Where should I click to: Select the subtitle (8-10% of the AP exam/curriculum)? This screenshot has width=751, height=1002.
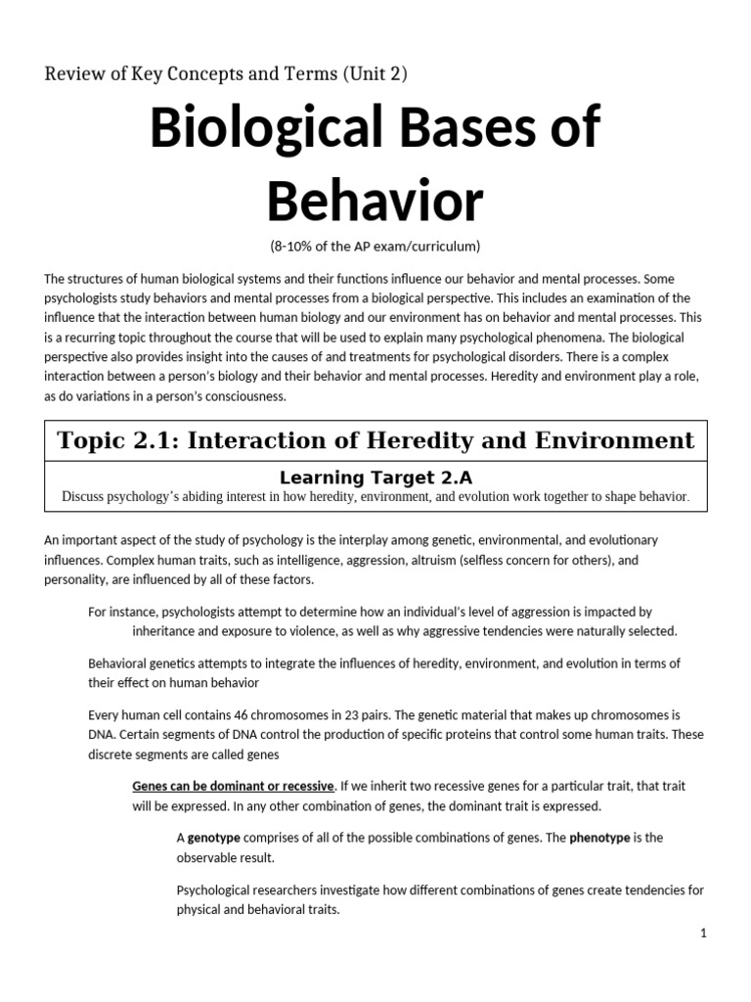pyautogui.click(x=375, y=245)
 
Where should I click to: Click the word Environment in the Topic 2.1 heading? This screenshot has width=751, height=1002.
pyautogui.click(x=613, y=440)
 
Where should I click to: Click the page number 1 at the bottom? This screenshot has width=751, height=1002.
pyautogui.click(x=702, y=934)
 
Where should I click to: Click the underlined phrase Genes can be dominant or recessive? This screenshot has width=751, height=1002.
pyautogui.click(x=234, y=786)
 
